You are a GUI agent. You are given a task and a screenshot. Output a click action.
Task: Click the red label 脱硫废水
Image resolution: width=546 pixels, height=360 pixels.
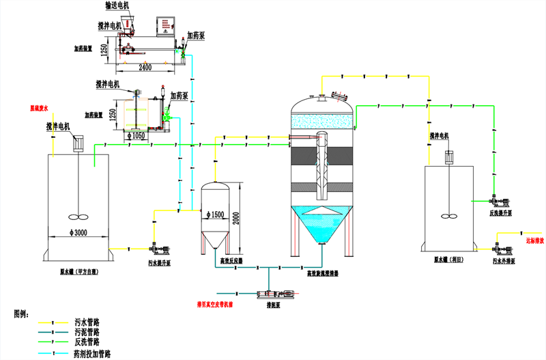[40, 108]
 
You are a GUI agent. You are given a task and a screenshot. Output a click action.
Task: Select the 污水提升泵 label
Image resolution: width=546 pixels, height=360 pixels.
[160, 262]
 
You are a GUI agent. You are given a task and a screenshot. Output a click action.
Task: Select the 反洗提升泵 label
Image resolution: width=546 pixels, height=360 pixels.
[501, 213]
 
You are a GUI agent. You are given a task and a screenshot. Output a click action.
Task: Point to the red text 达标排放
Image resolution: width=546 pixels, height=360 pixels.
[534, 240]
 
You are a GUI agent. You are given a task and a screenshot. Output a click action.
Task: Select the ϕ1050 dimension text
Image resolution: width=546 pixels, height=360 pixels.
[138, 136]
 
